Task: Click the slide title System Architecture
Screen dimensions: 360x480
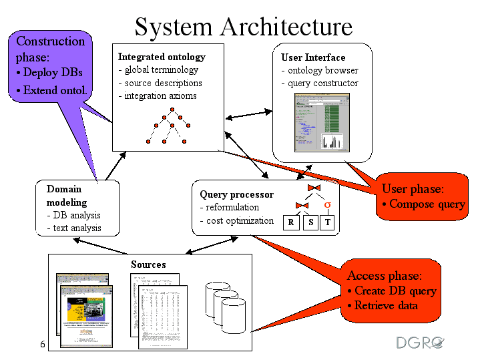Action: pyautogui.click(x=243, y=27)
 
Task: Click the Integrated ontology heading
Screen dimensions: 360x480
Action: pyautogui.click(x=162, y=57)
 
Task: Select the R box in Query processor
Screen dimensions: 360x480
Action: pyautogui.click(x=291, y=222)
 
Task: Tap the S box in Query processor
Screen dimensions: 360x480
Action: pyautogui.click(x=310, y=222)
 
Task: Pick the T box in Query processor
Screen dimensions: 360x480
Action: pyautogui.click(x=327, y=222)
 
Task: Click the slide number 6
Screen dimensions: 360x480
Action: pyautogui.click(x=43, y=345)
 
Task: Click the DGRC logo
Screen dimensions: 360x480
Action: pyautogui.click(x=420, y=343)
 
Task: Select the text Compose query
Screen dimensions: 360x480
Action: pyautogui.click(x=427, y=204)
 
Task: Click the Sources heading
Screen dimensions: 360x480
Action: pyautogui.click(x=148, y=264)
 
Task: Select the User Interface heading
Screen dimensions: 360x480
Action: pyautogui.click(x=313, y=57)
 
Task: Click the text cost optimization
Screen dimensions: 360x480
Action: pyautogui.click(x=240, y=220)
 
